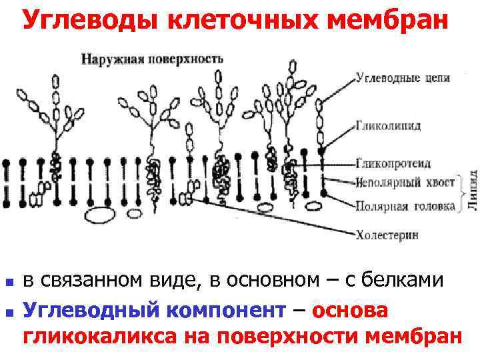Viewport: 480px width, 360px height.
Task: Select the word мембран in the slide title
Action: pos(387,21)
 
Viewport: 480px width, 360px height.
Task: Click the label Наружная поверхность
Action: pos(152,58)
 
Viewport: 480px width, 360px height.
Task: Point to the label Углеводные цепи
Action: pos(403,78)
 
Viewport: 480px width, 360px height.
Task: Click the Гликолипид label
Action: pos(388,125)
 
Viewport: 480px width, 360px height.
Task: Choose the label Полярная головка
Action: pos(405,206)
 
